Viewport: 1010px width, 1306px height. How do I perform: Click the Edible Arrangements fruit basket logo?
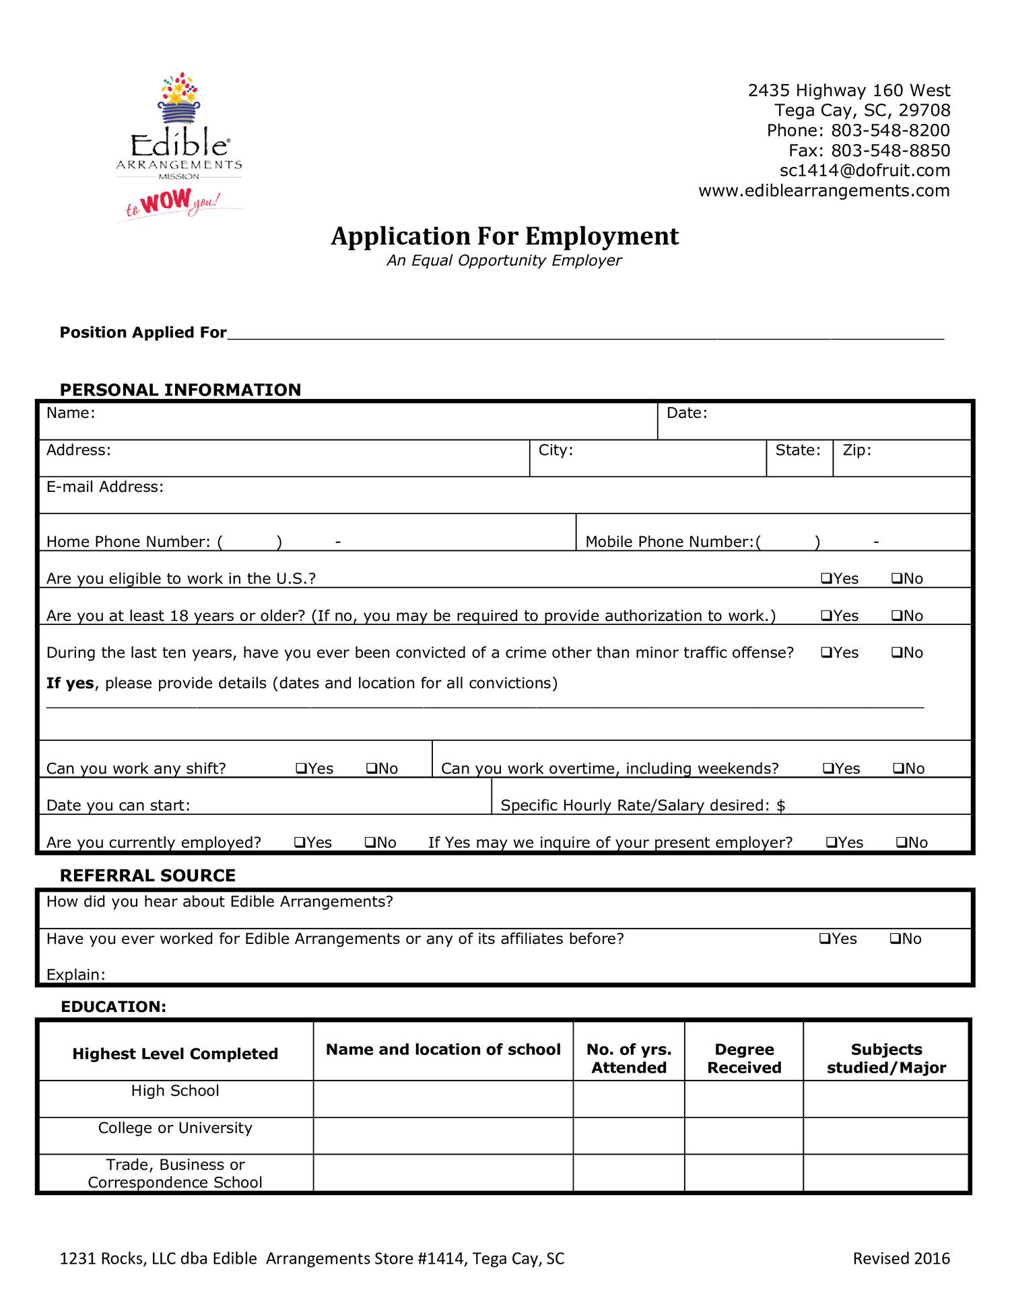pos(179,100)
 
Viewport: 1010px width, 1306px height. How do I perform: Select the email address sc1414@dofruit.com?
pos(864,171)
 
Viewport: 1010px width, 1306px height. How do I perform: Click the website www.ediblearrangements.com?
pos(823,191)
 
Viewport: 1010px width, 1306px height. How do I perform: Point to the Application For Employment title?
pos(504,237)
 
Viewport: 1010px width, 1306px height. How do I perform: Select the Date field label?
pos(686,413)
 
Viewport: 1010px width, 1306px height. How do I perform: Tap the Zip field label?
pos(856,450)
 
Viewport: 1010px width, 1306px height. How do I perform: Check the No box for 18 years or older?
pos(896,616)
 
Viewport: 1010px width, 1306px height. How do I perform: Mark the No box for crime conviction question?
pos(896,653)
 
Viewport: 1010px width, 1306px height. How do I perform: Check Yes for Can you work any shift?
pos(301,768)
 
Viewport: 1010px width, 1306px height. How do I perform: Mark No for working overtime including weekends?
pos(898,768)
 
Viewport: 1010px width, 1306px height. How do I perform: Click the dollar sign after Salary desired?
pos(780,805)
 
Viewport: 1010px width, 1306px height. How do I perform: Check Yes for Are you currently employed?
pos(300,842)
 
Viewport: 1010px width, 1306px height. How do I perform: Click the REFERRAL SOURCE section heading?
pos(147,875)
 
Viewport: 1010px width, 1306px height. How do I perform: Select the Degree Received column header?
pos(743,1058)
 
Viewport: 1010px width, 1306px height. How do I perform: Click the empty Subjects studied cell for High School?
pos(885,1099)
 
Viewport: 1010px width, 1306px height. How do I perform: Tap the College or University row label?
pos(175,1128)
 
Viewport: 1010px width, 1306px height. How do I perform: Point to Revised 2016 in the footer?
pos(900,1258)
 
